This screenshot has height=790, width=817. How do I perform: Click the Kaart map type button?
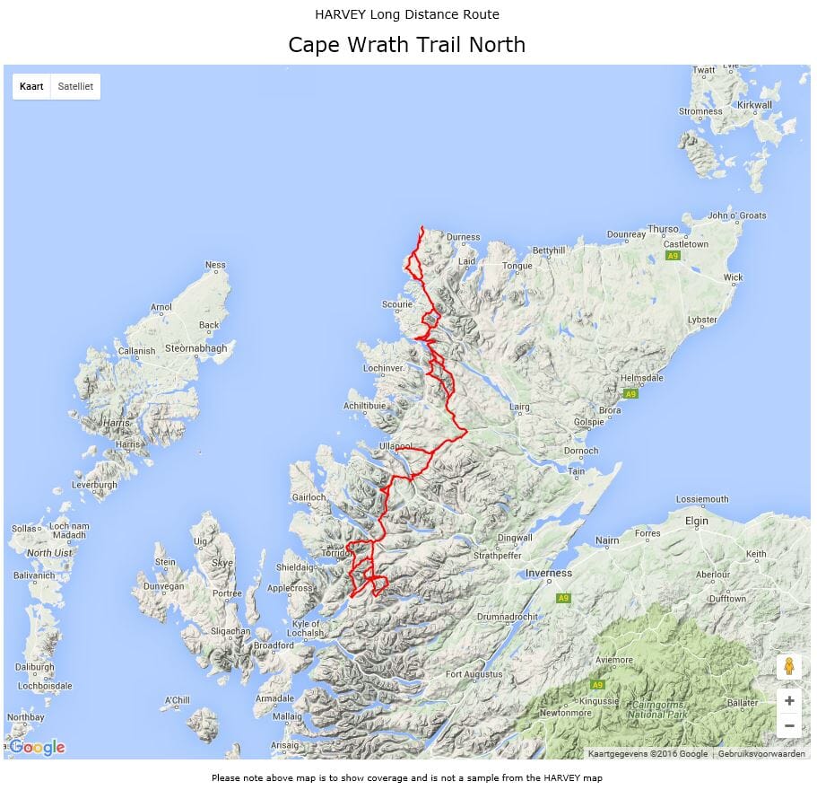31,87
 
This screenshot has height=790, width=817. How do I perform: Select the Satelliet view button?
75,87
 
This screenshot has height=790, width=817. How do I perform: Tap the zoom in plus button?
788,701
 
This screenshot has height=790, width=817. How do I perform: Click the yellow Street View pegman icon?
788,667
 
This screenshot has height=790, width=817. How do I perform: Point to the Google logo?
37,747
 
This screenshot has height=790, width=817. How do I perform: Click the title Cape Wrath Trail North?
406,45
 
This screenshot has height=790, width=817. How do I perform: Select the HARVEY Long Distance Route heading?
407,14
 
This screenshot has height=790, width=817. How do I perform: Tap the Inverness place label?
548,573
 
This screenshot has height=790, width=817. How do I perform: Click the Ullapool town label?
395,446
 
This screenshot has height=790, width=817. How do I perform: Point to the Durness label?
463,238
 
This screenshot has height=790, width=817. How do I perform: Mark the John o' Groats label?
737,215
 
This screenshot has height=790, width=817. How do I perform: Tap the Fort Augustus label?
474,674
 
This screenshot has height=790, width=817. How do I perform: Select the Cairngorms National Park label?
658,710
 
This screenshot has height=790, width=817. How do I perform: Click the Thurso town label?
664,229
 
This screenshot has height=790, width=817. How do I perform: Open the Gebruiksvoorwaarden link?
761,754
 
